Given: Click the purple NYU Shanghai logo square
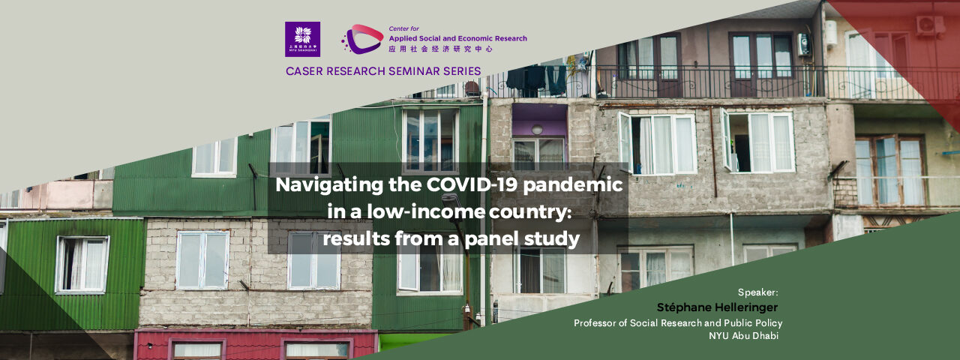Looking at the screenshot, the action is pyautogui.click(x=302, y=40).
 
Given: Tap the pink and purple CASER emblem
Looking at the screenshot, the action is pyautogui.click(x=362, y=39).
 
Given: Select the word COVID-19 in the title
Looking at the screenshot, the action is pyautogui.click(x=472, y=184).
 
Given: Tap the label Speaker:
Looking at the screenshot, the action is pyautogui.click(x=757, y=292).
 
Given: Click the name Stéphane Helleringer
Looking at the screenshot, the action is pyautogui.click(x=718, y=307).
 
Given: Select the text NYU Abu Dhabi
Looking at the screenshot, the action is pyautogui.click(x=743, y=335).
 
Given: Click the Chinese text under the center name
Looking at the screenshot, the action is pyautogui.click(x=440, y=49).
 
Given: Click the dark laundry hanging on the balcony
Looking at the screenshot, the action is pyautogui.click(x=536, y=80).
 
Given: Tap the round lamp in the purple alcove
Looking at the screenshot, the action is pyautogui.click(x=537, y=130).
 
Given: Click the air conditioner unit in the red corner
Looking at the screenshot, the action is pyautogui.click(x=931, y=26).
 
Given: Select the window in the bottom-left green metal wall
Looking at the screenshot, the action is pyautogui.click(x=82, y=265).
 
